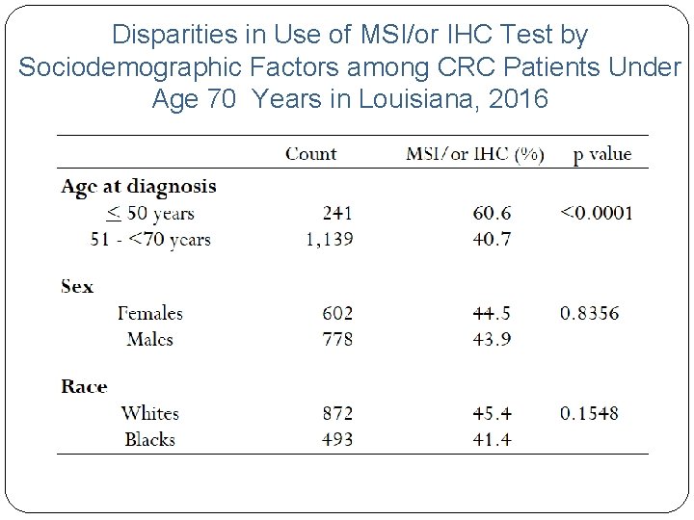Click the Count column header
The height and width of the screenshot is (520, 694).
pyautogui.click(x=310, y=154)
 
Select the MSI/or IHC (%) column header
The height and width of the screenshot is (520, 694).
pyautogui.click(x=474, y=154)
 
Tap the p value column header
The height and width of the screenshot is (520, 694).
pyautogui.click(x=601, y=154)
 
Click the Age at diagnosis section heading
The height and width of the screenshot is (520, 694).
pyautogui.click(x=138, y=186)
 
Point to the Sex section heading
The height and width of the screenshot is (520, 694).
pyautogui.click(x=77, y=286)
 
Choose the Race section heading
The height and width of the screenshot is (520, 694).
pyautogui.click(x=84, y=386)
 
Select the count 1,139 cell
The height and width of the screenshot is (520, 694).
pyautogui.click(x=329, y=239)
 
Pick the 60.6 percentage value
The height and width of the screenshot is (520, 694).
pyautogui.click(x=493, y=213)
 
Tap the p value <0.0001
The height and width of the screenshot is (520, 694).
pyautogui.click(x=597, y=213)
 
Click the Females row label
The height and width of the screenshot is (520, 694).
pyautogui.click(x=149, y=313)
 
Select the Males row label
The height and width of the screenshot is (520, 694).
pyautogui.click(x=149, y=339)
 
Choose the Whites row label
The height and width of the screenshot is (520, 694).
pyautogui.click(x=149, y=413)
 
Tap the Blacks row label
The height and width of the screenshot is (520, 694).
pyautogui.click(x=149, y=439)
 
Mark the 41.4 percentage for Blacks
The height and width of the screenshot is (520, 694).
pyautogui.click(x=493, y=439)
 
